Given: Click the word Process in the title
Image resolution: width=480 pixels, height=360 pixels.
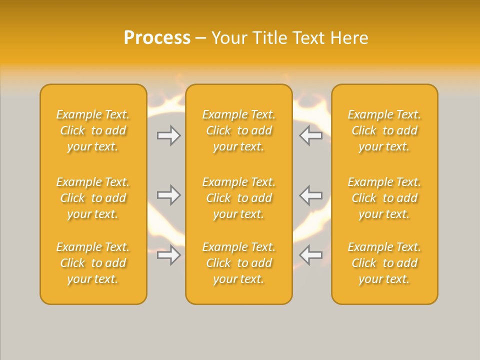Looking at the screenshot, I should click(157, 38).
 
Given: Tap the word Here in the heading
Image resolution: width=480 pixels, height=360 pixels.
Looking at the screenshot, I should click(350, 38).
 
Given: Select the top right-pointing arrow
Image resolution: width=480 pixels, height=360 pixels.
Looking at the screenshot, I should click(168, 135).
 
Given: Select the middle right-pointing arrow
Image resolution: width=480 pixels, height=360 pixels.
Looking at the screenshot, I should click(168, 195).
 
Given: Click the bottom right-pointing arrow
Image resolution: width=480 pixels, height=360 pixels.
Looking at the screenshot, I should click(168, 255).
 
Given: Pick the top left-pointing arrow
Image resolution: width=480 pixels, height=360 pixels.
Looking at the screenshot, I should click(311, 135).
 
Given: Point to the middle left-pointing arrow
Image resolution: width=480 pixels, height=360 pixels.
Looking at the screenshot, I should click(311, 195).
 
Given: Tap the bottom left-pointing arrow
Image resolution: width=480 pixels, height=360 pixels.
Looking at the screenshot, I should click(311, 255).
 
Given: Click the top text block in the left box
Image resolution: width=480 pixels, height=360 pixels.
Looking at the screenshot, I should click(93, 130).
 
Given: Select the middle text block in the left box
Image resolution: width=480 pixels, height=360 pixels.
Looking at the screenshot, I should click(93, 198).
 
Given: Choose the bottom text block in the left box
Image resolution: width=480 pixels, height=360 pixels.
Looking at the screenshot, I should click(93, 263).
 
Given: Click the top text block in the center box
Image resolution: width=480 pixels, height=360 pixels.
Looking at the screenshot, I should click(238, 130).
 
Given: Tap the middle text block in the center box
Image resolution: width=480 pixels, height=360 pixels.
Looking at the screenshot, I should click(238, 198).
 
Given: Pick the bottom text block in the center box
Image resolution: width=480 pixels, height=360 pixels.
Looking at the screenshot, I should click(238, 263).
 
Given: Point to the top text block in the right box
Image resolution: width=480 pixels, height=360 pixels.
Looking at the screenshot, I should click(384, 130).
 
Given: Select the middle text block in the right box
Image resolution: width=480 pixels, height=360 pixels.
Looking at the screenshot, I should click(384, 198).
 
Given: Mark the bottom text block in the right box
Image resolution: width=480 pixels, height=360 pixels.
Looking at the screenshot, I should click(384, 263).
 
